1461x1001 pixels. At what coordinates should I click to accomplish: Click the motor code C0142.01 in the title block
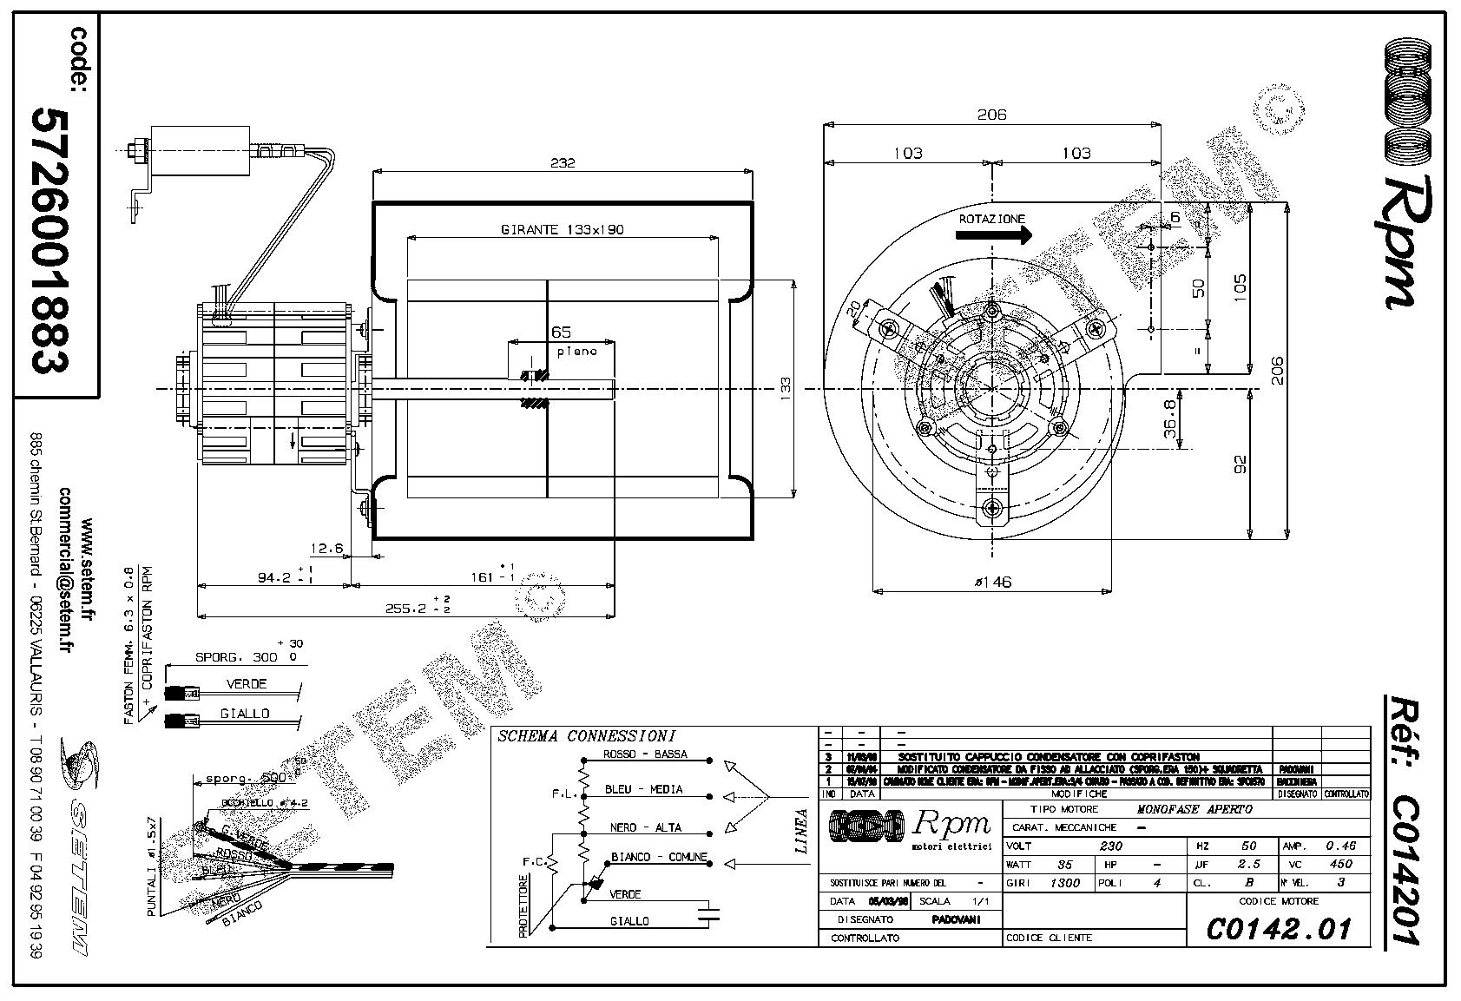[x=1279, y=928]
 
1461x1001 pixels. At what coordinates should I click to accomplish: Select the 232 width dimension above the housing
[x=563, y=162]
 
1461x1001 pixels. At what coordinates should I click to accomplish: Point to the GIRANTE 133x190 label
[x=563, y=230]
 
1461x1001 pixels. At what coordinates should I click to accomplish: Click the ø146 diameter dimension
[x=992, y=583]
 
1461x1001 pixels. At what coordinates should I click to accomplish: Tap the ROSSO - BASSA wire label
[x=645, y=754]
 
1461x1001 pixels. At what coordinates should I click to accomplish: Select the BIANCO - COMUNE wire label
[x=659, y=857]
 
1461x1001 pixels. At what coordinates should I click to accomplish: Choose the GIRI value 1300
[x=1064, y=883]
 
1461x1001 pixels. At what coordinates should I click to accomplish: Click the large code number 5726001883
[x=49, y=240]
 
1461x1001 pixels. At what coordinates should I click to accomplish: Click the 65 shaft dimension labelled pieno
[x=561, y=333]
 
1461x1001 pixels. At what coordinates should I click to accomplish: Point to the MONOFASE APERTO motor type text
[x=1194, y=809]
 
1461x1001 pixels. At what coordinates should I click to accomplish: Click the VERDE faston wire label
[x=247, y=684]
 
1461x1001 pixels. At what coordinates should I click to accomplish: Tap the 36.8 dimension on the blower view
[x=1169, y=418]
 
